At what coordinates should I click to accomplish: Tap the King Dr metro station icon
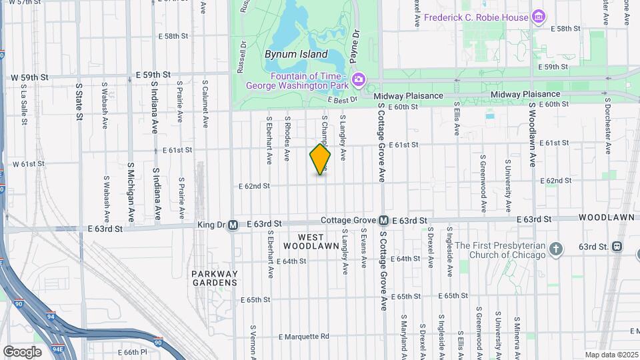[x=233, y=225]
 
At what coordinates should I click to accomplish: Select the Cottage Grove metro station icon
[x=384, y=220]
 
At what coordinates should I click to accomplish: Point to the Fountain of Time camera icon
[x=359, y=80]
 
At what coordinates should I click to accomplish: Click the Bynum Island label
[x=296, y=54]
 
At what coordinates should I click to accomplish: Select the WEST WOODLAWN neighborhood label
[x=311, y=241]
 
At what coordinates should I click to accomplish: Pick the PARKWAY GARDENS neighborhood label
[x=214, y=278]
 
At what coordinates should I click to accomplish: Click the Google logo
[x=22, y=351]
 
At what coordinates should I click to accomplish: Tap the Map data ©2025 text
[x=611, y=355]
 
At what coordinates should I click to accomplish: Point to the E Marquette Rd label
[x=304, y=336]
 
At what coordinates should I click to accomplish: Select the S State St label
[x=79, y=101]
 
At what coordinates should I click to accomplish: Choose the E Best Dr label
[x=344, y=99]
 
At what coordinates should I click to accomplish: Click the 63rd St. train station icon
[x=617, y=247]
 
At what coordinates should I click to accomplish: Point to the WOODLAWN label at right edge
[x=609, y=218]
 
